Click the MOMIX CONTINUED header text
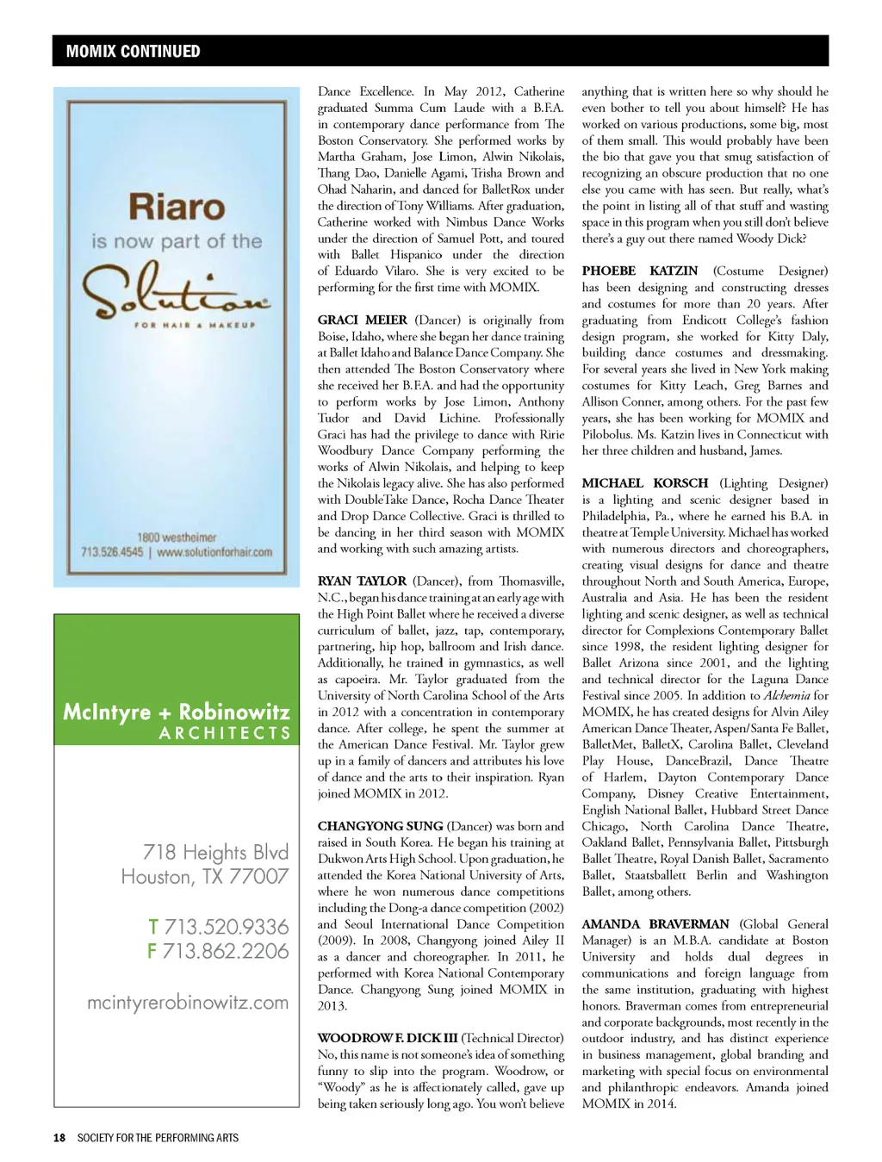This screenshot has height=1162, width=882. point(133,52)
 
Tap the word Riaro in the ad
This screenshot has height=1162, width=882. point(177,208)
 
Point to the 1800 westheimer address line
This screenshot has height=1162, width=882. point(177,538)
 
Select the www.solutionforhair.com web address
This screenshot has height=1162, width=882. point(214,552)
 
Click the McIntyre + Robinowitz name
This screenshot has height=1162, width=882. point(177,712)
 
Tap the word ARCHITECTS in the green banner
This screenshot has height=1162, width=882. point(225,734)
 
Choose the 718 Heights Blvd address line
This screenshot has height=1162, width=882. point(215,852)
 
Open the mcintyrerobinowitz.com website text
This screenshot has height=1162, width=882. point(188,1003)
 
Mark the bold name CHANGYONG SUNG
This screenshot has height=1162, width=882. point(380,826)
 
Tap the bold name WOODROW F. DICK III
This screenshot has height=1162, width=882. point(387,1038)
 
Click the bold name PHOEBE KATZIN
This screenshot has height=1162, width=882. point(640,271)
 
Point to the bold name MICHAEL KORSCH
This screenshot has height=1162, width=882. point(645,483)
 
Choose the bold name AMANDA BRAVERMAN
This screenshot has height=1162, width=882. point(655,924)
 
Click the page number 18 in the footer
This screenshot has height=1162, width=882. point(59,1138)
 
